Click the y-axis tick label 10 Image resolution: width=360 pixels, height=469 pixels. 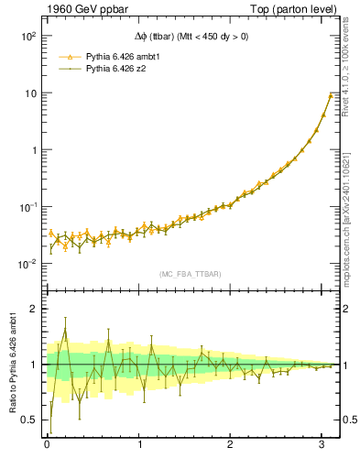(30, 93)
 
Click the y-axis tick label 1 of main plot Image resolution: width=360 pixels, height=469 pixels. (33, 150)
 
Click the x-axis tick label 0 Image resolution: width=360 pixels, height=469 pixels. (47, 445)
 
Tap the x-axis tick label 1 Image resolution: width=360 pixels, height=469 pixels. (139, 445)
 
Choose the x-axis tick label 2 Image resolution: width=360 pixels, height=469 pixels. (231, 445)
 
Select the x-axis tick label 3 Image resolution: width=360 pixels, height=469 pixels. (323, 445)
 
